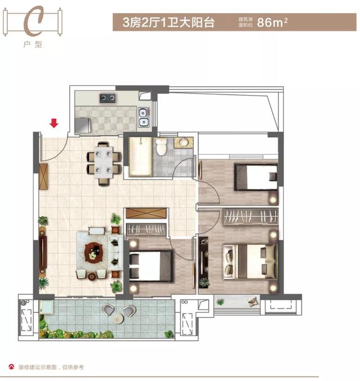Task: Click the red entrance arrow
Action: point(54,123)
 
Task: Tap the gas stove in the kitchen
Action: point(107,98)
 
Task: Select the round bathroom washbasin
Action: point(182,142)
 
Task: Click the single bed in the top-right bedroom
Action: point(256,177)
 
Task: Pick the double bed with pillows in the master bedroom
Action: point(250,261)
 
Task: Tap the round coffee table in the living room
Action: point(93,253)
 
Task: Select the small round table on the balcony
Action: point(118,318)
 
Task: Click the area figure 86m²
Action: point(272,23)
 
